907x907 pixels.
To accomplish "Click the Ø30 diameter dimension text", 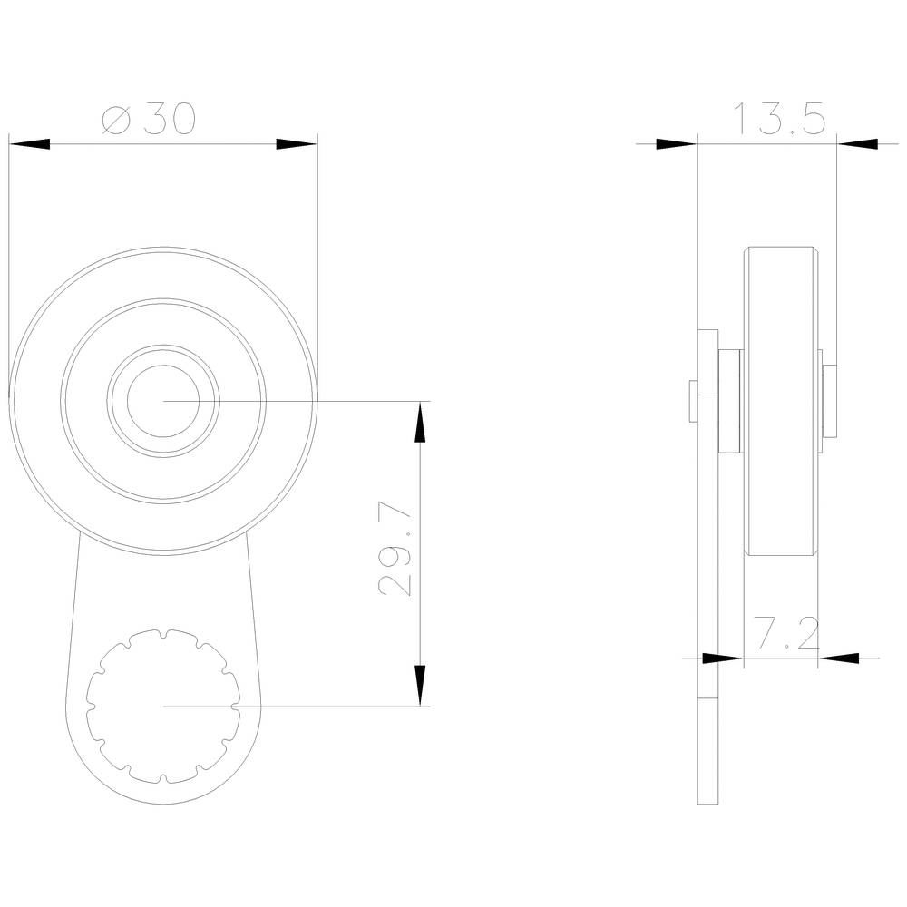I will click(x=150, y=119).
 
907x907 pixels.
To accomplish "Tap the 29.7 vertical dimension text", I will click(x=396, y=551).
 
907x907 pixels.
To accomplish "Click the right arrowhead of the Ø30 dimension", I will click(x=297, y=144).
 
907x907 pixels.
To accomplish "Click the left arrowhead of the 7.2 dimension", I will click(x=722, y=658).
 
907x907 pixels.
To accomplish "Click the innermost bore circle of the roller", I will click(x=162, y=400).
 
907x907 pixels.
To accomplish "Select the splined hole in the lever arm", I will click(x=162, y=705).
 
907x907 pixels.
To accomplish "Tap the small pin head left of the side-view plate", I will click(x=693, y=400).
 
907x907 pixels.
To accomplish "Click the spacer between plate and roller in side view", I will click(x=730, y=400).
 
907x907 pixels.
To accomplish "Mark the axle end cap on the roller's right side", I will click(x=827, y=400).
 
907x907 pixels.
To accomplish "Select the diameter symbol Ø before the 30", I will click(x=116, y=119).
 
